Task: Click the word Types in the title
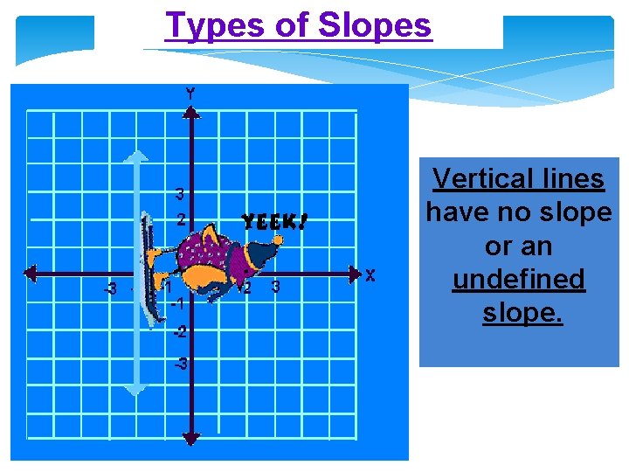[x=206, y=25]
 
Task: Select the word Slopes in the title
[x=375, y=25]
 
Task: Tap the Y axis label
[x=190, y=93]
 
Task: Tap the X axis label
[x=370, y=276]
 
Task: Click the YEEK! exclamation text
[x=274, y=222]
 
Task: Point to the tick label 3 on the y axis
[x=179, y=193]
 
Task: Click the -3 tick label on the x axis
[x=109, y=288]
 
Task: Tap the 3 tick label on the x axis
[x=275, y=287]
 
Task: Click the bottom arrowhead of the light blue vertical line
[x=135, y=390]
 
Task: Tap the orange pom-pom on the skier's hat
[x=278, y=239]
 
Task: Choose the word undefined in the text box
[x=519, y=280]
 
